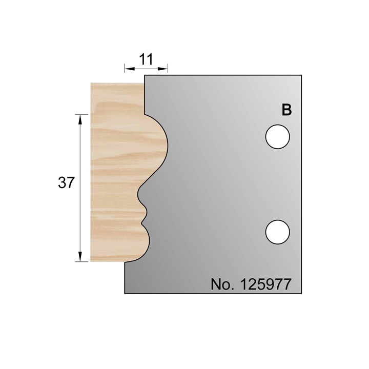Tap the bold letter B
pos(287,110)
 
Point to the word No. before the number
pos(221,284)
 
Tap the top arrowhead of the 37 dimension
pos(80,117)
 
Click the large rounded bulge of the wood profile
pos(159,146)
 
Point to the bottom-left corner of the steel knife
pos(125,294)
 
